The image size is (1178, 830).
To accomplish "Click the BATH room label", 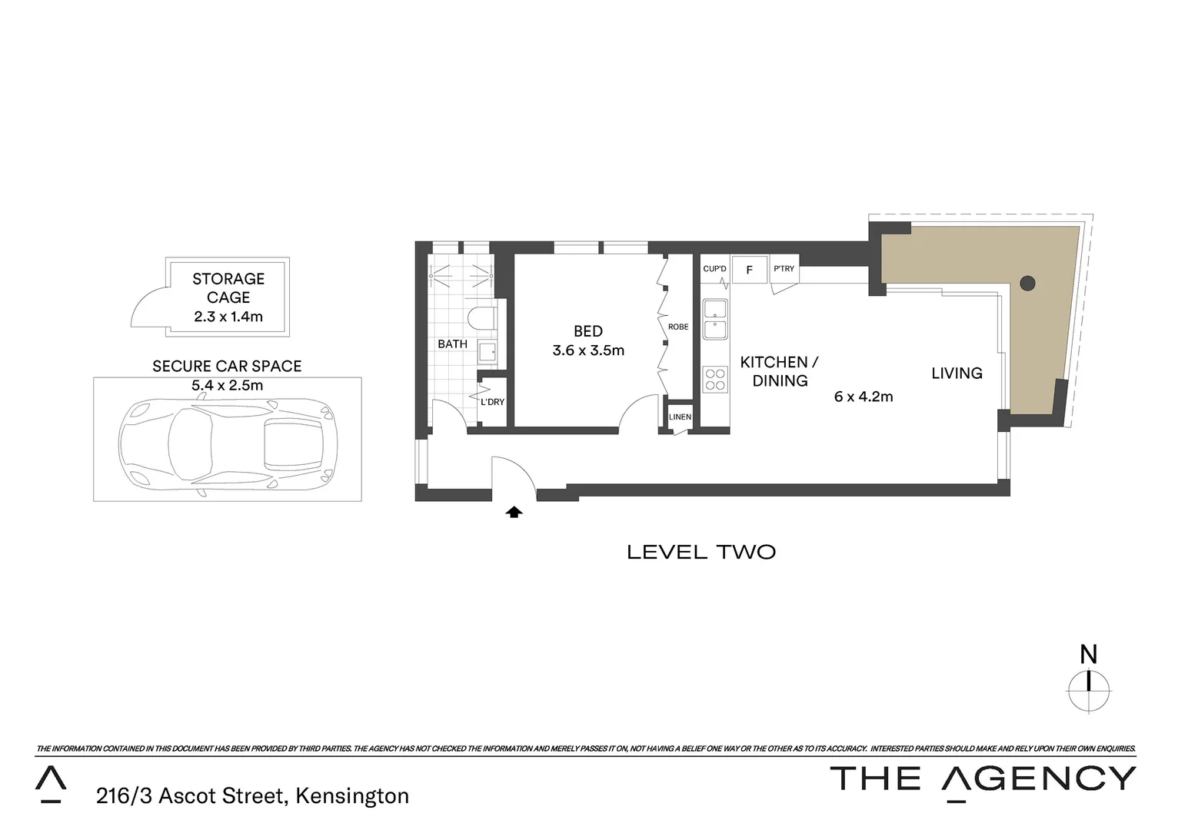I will click(452, 344).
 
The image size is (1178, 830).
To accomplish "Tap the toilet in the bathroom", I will click(481, 318).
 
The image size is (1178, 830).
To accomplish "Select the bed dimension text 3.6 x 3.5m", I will click(588, 350).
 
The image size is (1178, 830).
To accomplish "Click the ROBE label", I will click(678, 327).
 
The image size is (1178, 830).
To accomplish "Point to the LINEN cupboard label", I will click(680, 417).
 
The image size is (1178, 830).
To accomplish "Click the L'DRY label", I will click(492, 402).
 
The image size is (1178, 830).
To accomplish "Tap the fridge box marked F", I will click(750, 270).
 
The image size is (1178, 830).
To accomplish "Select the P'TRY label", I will click(784, 269).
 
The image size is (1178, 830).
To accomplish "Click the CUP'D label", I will click(714, 269).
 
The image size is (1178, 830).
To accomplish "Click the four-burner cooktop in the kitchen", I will click(715, 380).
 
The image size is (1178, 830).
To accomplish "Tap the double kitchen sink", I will click(715, 319).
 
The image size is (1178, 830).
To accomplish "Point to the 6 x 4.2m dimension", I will click(864, 397).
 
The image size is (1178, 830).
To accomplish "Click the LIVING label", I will click(957, 373).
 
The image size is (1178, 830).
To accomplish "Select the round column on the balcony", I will click(1027, 283).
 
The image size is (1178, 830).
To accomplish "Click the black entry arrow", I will click(514, 512).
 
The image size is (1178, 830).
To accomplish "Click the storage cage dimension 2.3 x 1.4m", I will click(228, 316).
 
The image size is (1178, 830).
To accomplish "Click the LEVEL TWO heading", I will click(701, 552).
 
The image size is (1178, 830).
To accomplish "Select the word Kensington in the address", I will click(352, 795).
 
